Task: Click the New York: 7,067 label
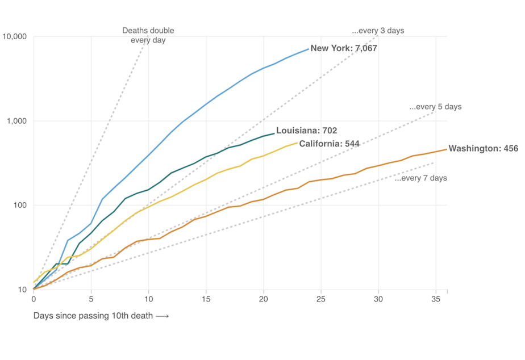click(x=343, y=49)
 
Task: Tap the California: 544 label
click(x=329, y=144)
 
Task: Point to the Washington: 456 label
click(x=483, y=149)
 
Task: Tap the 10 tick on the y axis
click(x=22, y=290)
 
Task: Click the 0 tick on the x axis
click(x=34, y=299)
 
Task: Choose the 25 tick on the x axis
click(x=321, y=299)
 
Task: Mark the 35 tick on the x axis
click(x=436, y=299)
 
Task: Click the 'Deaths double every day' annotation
click(x=148, y=35)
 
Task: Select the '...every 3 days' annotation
click(x=378, y=30)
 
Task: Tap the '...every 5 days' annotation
click(x=435, y=107)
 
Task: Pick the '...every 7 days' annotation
click(x=420, y=178)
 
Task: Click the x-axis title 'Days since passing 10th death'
click(x=101, y=316)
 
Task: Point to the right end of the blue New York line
click(x=309, y=49)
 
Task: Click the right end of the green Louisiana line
click(x=274, y=133)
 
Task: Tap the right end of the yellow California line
click(x=297, y=143)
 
